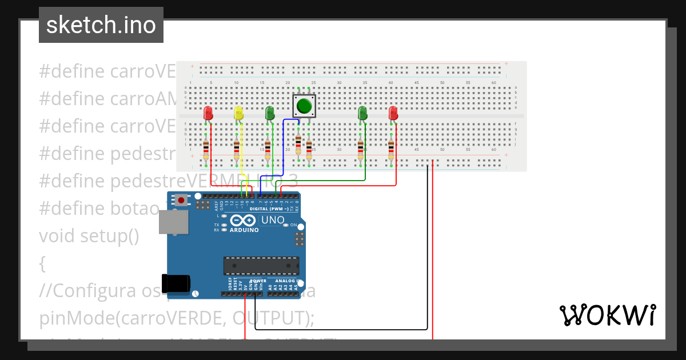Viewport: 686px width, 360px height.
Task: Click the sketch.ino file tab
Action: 101,25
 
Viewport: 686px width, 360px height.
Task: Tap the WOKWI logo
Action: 607,315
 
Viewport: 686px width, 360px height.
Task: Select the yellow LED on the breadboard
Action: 238,113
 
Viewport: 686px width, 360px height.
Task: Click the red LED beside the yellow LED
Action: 209,113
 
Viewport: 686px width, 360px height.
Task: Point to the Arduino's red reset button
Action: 182,200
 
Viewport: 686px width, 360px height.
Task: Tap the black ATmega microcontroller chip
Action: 261,266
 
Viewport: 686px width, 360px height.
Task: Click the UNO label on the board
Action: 273,220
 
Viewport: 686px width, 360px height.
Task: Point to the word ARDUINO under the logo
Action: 244,230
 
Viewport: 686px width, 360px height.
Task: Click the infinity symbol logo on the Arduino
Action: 244,221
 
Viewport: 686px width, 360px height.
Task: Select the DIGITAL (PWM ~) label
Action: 269,209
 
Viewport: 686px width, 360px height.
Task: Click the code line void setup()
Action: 89,235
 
